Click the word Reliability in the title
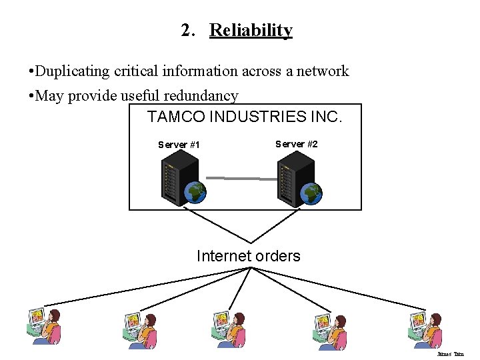point(251,31)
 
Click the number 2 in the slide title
point(187,31)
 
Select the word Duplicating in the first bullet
point(69,71)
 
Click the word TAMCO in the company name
point(176,117)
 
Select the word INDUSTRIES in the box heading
point(257,117)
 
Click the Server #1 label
point(179,145)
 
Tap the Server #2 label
point(296,144)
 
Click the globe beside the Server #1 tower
point(196,192)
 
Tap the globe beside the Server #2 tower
point(311,193)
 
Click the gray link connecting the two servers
point(241,178)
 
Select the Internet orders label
point(248,256)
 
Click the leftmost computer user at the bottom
point(43,326)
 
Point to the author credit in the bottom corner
point(450,354)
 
